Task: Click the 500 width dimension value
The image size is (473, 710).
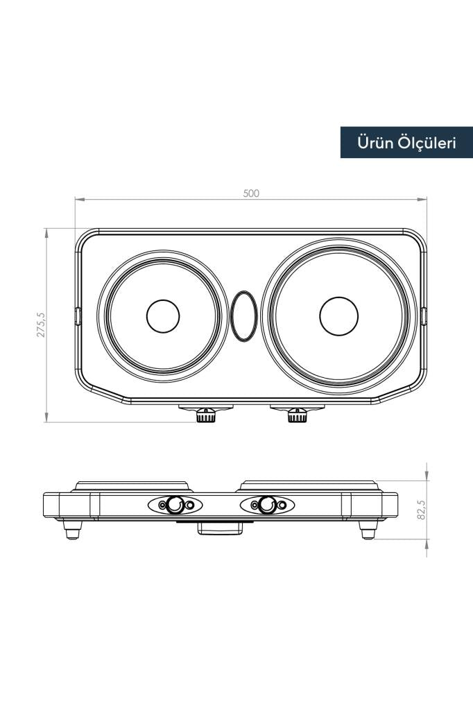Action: (x=251, y=193)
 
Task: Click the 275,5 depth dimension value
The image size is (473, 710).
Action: (x=41, y=324)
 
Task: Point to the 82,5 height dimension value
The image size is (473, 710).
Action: (x=421, y=510)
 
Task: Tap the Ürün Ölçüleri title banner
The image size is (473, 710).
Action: (x=406, y=143)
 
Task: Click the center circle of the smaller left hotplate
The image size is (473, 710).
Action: (x=163, y=316)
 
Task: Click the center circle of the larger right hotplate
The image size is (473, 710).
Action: (x=338, y=316)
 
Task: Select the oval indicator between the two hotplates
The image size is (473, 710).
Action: (x=243, y=316)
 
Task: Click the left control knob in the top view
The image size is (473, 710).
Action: (x=205, y=416)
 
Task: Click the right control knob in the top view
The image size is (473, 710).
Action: (x=298, y=416)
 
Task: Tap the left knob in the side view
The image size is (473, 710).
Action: (x=175, y=505)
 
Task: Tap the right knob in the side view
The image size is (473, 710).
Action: (x=267, y=505)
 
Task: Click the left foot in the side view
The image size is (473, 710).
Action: (x=72, y=530)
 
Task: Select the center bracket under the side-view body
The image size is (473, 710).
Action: (x=221, y=529)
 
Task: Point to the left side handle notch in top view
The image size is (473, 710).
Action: (x=78, y=316)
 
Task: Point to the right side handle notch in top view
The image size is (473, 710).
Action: (x=424, y=316)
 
